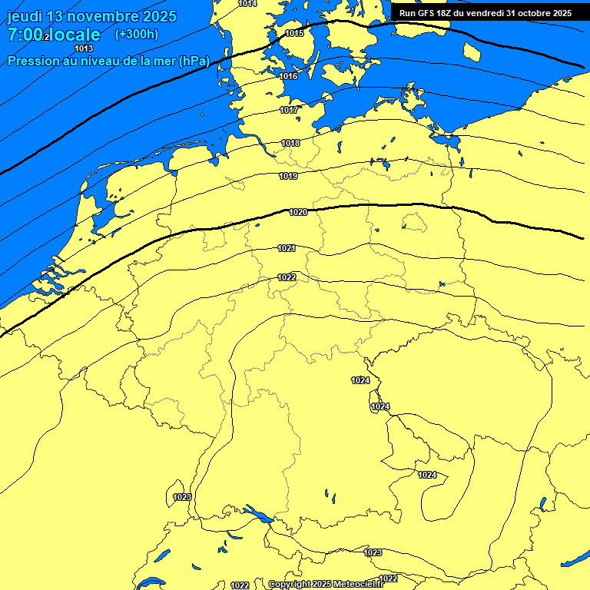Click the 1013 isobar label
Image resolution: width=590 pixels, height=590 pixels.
(84, 48)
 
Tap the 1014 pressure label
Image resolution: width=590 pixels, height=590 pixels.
(247, 4)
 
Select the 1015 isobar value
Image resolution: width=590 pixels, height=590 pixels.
(294, 33)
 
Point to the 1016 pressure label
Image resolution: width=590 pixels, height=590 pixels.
(289, 76)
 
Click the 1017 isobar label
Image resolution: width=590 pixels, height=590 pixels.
(289, 110)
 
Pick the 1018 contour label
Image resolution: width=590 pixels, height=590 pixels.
(290, 143)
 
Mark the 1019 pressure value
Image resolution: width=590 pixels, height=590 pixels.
(288, 176)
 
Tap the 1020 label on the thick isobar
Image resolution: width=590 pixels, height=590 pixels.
(298, 212)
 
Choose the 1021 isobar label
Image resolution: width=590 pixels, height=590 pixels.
(287, 248)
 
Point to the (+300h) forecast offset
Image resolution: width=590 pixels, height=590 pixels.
(137, 34)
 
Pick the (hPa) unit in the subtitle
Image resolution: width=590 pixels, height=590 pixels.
(194, 61)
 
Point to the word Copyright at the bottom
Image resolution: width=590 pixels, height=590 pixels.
(290, 585)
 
